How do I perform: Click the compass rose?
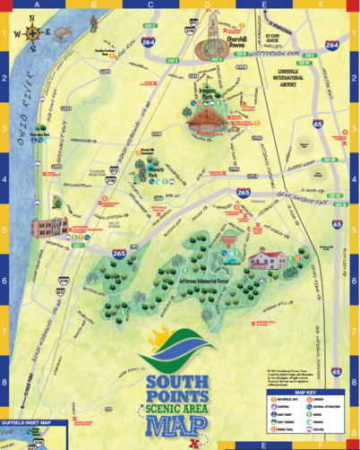33,35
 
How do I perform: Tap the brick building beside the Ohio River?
47,229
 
